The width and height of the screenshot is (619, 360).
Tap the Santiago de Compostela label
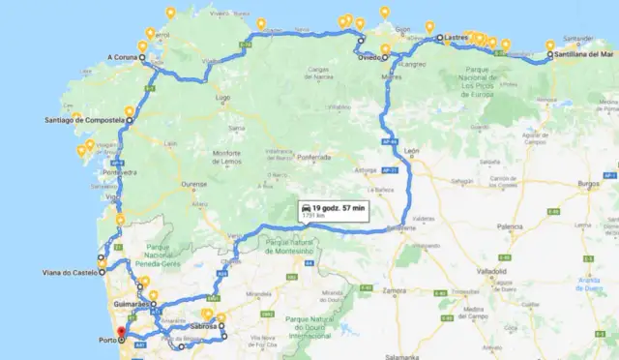pyautogui.click(x=83, y=121)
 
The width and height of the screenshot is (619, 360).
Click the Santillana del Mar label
pyautogui.click(x=583, y=55)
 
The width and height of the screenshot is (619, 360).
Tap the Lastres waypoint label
pyautogui.click(x=456, y=38)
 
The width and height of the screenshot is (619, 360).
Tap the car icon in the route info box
pyautogui.click(x=306, y=208)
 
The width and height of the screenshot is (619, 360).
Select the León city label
pyautogui.click(x=412, y=152)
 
